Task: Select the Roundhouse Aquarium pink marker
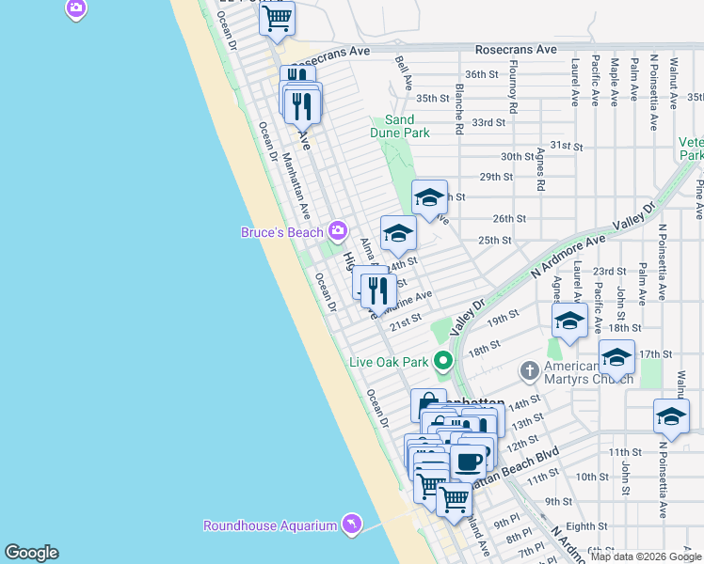tap(351, 525)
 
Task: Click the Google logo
tap(32, 553)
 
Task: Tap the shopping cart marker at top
tap(277, 19)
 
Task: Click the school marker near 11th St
tap(670, 416)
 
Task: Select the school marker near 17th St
tap(616, 358)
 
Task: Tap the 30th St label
tap(517, 156)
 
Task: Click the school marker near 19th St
tap(569, 321)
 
